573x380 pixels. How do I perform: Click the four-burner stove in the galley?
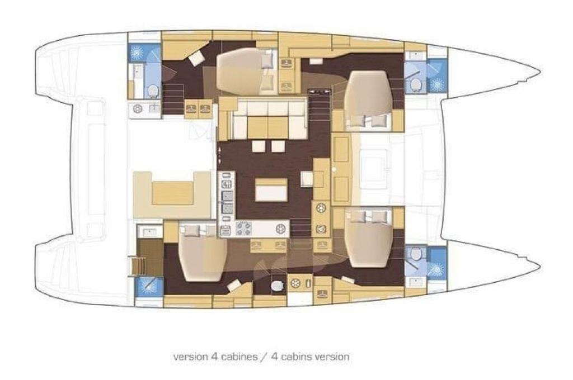pyautogui.click(x=243, y=229)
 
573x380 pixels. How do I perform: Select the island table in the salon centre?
pyautogui.click(x=271, y=189)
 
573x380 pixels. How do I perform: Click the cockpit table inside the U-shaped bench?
pyautogui.click(x=172, y=193)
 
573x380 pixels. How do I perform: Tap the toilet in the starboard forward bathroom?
pyautogui.click(x=415, y=253)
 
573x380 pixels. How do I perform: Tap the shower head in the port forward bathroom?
pyautogui.click(x=436, y=84)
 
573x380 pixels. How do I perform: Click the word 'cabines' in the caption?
pyautogui.click(x=238, y=357)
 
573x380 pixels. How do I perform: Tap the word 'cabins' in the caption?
pyautogui.click(x=294, y=357)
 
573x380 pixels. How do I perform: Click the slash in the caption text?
pyautogui.click(x=263, y=357)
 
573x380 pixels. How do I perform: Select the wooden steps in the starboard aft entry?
pyautogui.click(x=139, y=266)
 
